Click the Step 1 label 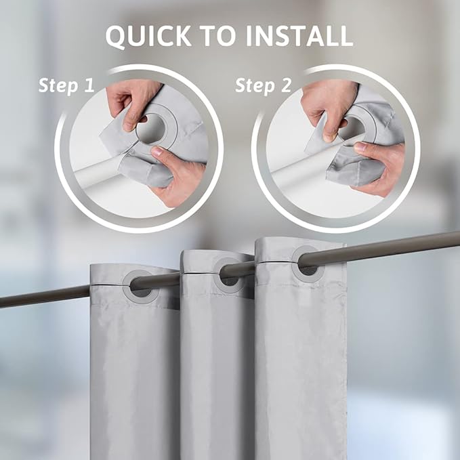click(x=67, y=86)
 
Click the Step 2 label click(x=264, y=86)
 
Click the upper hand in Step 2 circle click(x=328, y=102)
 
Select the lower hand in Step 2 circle click(x=379, y=166)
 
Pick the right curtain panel click(x=301, y=366)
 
